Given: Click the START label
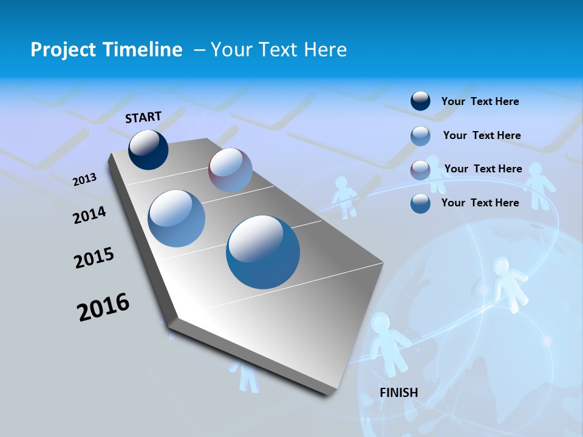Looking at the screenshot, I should (143, 117).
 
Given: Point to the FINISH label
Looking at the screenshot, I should (399, 393).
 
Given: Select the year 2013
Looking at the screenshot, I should (84, 180).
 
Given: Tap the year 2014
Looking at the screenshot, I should (89, 215).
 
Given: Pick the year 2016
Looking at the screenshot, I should (103, 307).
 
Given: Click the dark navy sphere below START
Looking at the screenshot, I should (148, 150).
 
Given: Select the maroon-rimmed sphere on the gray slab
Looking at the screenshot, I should (230, 170).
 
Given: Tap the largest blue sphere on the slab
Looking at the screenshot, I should (263, 252).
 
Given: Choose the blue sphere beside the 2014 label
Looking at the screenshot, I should (177, 218).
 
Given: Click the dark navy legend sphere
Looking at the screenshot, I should (420, 101).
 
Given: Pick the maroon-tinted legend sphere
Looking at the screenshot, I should (420, 169).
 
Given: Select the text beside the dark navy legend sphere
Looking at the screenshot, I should (480, 101).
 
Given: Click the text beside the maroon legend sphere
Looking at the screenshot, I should (483, 169).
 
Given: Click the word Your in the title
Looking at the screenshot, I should (231, 50).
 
